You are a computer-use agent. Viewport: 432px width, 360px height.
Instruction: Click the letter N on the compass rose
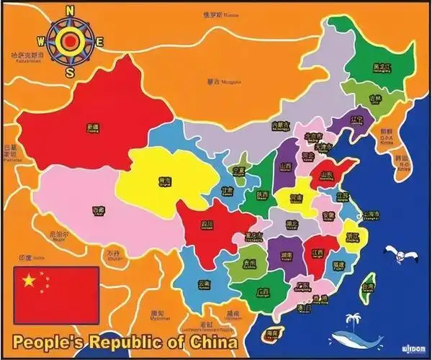tap(70, 11)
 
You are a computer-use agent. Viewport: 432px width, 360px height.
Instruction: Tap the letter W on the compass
tap(41, 41)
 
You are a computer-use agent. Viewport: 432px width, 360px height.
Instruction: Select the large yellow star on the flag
tap(29, 280)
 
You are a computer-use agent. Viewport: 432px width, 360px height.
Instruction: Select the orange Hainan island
tap(272, 335)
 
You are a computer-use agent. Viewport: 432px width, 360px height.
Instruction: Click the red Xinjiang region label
tap(92, 127)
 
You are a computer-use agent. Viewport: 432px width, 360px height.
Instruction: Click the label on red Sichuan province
tap(207, 225)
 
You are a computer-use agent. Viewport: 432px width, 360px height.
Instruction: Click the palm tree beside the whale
tap(353, 318)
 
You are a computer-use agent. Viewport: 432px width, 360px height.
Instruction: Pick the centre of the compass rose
tap(70, 41)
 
